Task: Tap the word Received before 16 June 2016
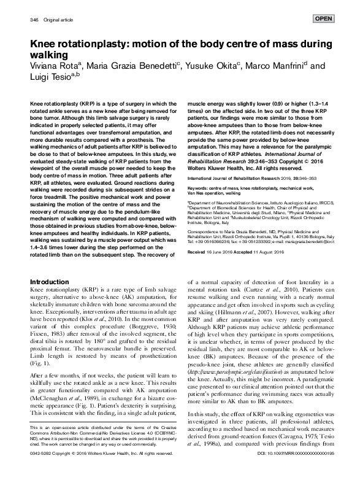tap(199, 252)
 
